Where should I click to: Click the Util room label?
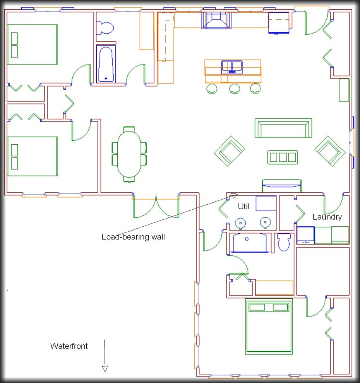(x=243, y=207)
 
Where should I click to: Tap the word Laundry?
(x=327, y=217)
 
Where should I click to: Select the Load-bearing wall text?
(x=133, y=237)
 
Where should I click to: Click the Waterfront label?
(x=69, y=346)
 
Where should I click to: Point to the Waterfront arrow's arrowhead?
(x=105, y=368)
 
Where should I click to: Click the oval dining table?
(x=129, y=154)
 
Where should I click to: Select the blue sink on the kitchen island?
(x=232, y=67)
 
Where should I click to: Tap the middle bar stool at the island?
(x=235, y=89)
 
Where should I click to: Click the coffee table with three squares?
(x=283, y=157)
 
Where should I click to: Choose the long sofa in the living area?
(x=283, y=128)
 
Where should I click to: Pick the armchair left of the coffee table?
(x=230, y=150)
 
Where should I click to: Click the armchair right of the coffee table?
(x=330, y=150)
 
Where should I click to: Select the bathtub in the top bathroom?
(x=106, y=64)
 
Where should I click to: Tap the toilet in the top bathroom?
(x=105, y=28)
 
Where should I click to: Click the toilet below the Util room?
(x=284, y=243)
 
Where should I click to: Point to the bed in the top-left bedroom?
(x=33, y=44)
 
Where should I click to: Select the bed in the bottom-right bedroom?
(x=269, y=327)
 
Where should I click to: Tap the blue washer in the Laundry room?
(x=305, y=235)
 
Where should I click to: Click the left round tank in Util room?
(x=241, y=222)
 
